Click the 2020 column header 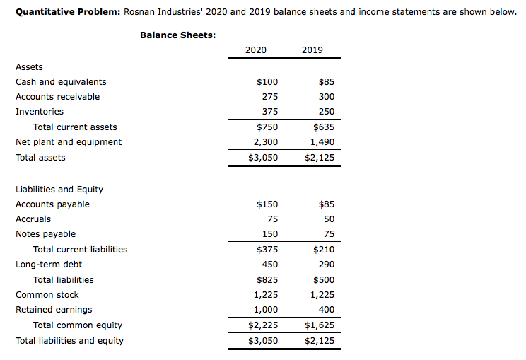(255, 50)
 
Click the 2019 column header (312, 50)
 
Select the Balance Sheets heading (178, 35)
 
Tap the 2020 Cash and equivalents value (267, 82)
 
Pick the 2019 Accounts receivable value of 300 (327, 97)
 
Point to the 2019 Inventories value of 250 (327, 112)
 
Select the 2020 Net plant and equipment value (265, 142)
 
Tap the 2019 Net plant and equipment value (322, 142)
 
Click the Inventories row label (40, 112)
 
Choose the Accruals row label (33, 219)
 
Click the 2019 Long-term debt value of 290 (327, 265)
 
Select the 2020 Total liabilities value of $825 (267, 280)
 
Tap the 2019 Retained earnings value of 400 (327, 310)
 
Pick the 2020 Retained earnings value (265, 310)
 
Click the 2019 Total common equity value (320, 325)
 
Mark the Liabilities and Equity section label (59, 190)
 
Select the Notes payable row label (45, 234)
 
